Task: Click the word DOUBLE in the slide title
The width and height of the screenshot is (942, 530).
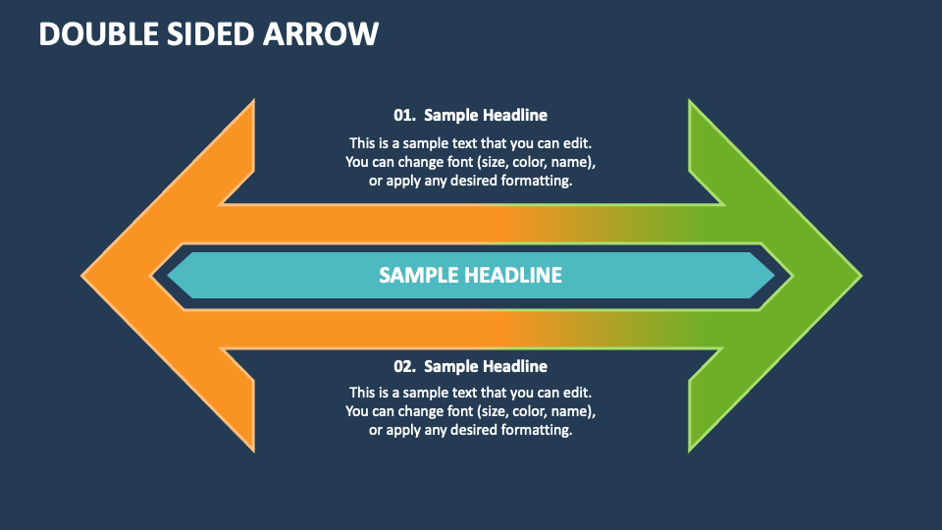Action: pyautogui.click(x=100, y=33)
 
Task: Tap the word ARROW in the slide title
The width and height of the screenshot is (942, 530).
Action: pyautogui.click(x=321, y=33)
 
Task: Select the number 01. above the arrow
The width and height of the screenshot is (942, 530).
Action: pyautogui.click(x=405, y=116)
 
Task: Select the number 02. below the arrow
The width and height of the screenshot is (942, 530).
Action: pyautogui.click(x=405, y=366)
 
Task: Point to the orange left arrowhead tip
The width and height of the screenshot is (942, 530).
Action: pyautogui.click(x=81, y=276)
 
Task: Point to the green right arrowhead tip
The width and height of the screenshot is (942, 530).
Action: pyautogui.click(x=862, y=276)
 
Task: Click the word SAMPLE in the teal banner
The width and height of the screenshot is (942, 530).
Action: pyautogui.click(x=419, y=275)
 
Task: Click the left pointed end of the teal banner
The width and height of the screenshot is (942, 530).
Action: pyautogui.click(x=168, y=275)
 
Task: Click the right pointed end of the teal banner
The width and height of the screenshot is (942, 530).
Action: pyautogui.click(x=775, y=275)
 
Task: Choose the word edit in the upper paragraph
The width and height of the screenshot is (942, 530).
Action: pyautogui.click(x=579, y=143)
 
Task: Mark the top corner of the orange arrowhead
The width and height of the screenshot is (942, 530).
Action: pyautogui.click(x=254, y=100)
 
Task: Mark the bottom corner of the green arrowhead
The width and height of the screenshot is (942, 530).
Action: pyautogui.click(x=689, y=451)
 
